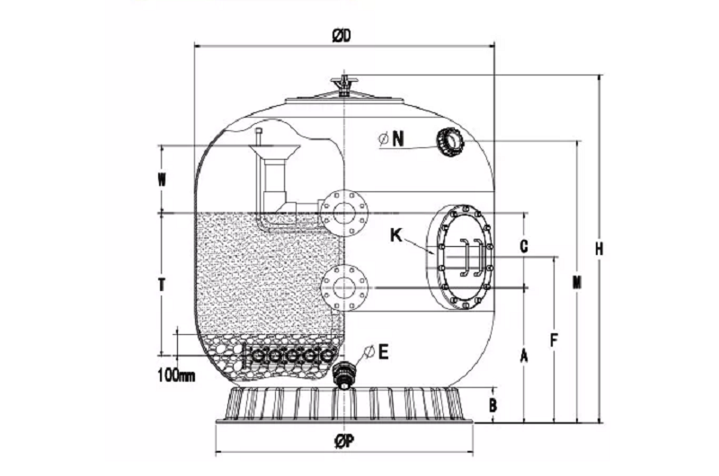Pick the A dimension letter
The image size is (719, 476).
tap(524, 356)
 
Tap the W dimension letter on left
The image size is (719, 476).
tap(163, 180)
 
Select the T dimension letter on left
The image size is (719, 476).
tap(163, 284)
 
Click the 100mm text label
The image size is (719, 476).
tap(176, 375)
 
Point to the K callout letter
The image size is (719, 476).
tap(395, 235)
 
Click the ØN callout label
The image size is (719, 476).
tap(392, 138)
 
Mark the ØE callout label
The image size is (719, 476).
tap(377, 351)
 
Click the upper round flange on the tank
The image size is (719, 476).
tap(344, 212)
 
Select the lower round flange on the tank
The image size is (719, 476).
tap(344, 286)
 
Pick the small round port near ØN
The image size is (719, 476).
tap(449, 141)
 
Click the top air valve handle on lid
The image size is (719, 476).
tap(343, 86)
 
